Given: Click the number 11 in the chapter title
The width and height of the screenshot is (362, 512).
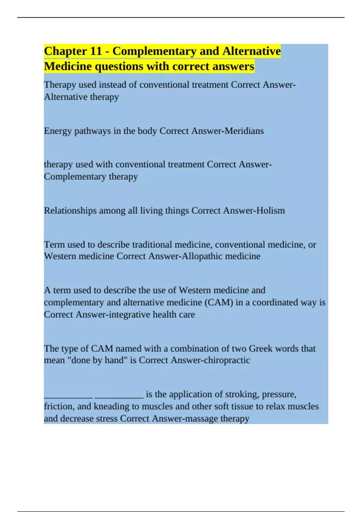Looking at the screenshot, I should tap(96, 51).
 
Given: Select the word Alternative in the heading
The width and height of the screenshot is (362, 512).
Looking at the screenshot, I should tap(252, 51).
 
